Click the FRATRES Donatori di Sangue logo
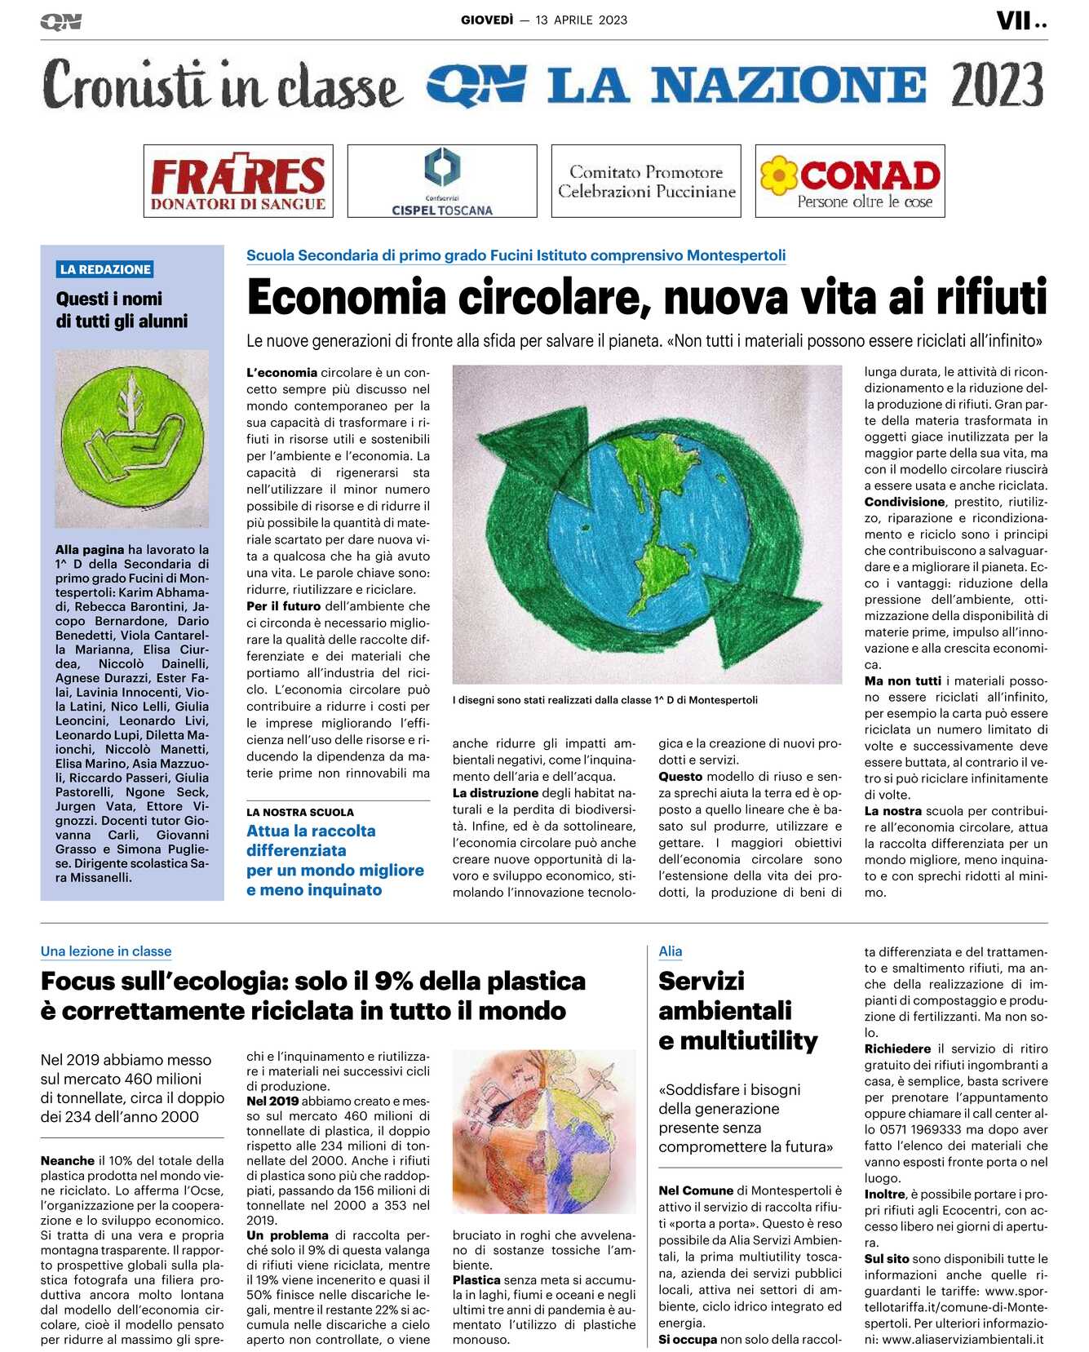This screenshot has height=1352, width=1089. pyautogui.click(x=238, y=181)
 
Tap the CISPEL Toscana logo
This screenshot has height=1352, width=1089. pyautogui.click(x=442, y=181)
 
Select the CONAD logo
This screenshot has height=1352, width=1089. pyautogui.click(x=850, y=181)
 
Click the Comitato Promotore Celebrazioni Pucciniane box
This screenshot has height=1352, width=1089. pyautogui.click(x=646, y=181)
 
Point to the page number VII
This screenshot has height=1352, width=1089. pyautogui.click(x=1014, y=20)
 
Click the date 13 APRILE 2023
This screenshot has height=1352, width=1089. pyautogui.click(x=582, y=20)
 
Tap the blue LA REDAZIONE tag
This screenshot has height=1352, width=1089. pyautogui.click(x=105, y=269)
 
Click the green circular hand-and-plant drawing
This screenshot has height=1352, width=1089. pyautogui.click(x=132, y=438)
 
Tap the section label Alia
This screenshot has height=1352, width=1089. pyautogui.click(x=670, y=951)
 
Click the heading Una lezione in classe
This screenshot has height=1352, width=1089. pyautogui.click(x=106, y=951)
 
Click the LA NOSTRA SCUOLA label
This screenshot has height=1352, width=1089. pyautogui.click(x=300, y=812)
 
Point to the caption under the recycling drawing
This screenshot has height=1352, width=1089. pyautogui.click(x=605, y=699)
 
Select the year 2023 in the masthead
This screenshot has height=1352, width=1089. pyautogui.click(x=997, y=85)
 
